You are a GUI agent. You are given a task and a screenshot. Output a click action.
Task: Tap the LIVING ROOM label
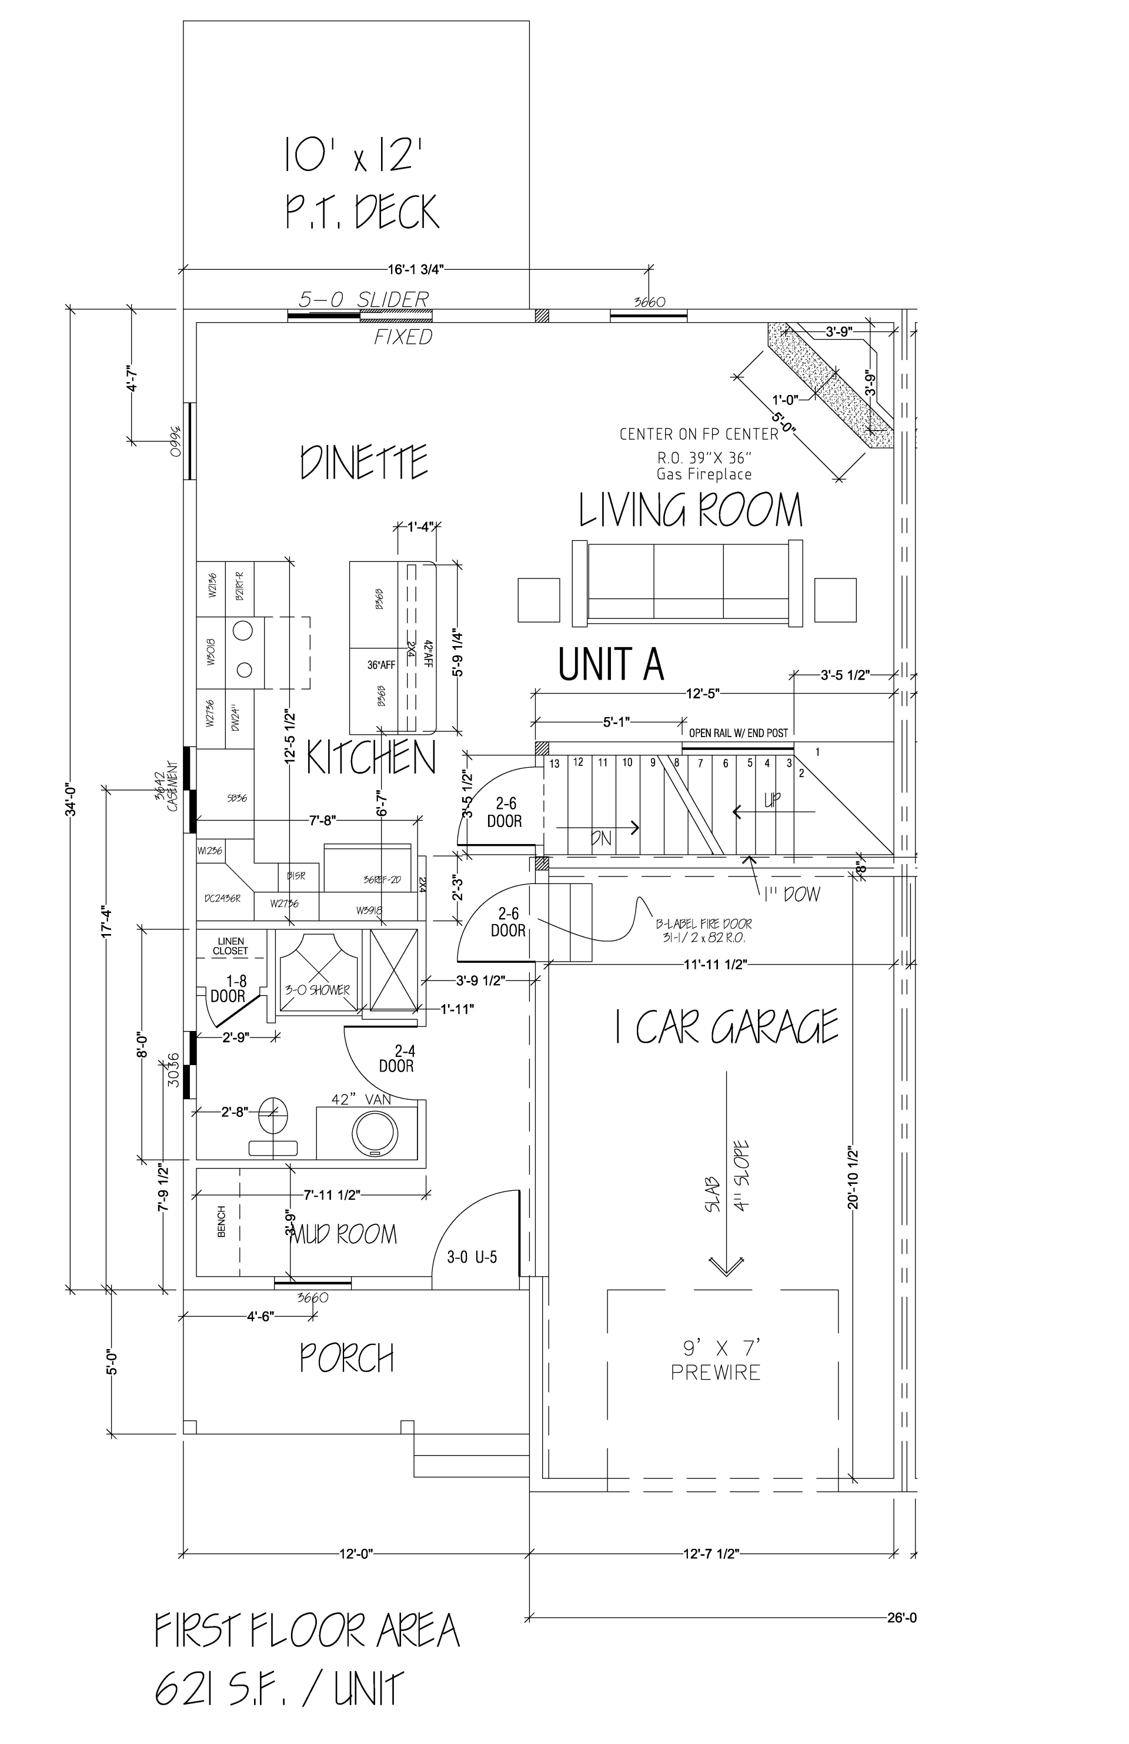tap(690, 511)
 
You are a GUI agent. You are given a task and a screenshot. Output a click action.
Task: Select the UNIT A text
tap(611, 664)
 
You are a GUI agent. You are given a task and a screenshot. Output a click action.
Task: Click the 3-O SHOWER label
tap(317, 990)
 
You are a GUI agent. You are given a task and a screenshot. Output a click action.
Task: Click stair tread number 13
tap(555, 764)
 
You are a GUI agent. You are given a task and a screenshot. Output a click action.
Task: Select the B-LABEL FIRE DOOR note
tap(703, 931)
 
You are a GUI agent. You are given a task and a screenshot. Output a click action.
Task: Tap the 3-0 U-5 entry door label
tap(472, 1257)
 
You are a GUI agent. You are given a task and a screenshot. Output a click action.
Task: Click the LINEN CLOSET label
tap(230, 946)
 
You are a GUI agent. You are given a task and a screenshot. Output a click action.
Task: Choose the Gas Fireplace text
tap(704, 474)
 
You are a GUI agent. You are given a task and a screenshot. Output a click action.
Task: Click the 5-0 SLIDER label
tap(363, 299)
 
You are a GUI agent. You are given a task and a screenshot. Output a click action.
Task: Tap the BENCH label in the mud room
tap(222, 1221)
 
